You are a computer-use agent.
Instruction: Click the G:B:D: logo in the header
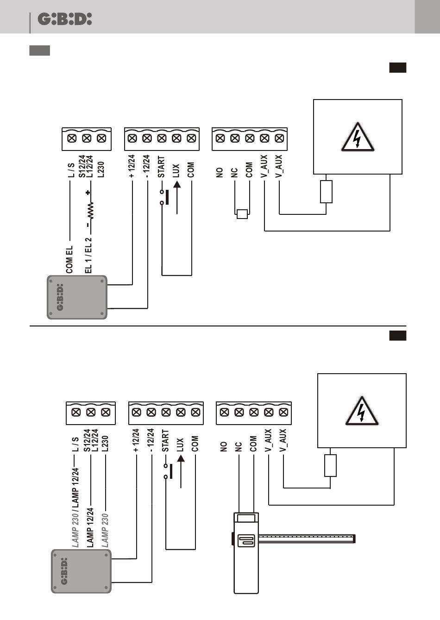(64, 19)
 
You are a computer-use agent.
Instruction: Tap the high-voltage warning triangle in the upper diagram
(357, 138)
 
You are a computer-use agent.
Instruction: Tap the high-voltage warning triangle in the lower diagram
(362, 412)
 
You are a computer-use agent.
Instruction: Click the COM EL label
(69, 259)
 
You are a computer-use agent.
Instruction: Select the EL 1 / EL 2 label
(88, 255)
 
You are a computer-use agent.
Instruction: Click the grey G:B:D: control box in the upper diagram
(77, 297)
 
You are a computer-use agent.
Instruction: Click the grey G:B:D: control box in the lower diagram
(81, 571)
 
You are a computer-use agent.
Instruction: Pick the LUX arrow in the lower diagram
(181, 471)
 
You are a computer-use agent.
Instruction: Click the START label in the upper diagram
(161, 167)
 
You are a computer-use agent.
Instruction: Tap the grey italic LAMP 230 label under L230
(105, 530)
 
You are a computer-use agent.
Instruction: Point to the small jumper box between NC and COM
(242, 214)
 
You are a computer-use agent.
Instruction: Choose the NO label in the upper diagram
(220, 172)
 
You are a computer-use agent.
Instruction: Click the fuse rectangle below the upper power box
(326, 192)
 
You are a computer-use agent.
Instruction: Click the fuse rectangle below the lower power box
(330, 465)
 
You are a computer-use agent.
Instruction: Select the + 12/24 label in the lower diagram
(136, 440)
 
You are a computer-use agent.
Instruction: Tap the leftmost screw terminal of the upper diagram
(72, 138)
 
